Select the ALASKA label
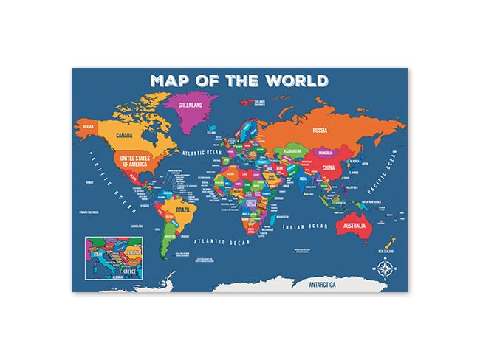tap(89, 126)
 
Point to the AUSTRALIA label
tap(354, 224)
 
